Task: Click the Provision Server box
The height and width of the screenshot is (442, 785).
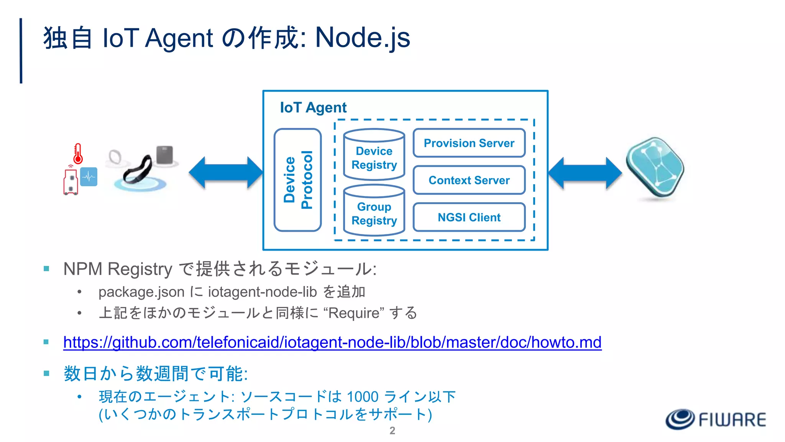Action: pyautogui.click(x=469, y=143)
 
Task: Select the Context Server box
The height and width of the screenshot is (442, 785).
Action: pyautogui.click(x=469, y=180)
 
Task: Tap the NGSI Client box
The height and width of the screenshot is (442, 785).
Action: pyautogui.click(x=469, y=217)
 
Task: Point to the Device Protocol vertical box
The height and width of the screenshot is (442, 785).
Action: pyautogui.click(x=298, y=180)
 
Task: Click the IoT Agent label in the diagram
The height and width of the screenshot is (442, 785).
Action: pyautogui.click(x=313, y=107)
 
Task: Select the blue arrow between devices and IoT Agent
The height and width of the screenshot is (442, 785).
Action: pyautogui.click(x=226, y=173)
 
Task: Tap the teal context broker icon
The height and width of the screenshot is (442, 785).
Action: pyautogui.click(x=655, y=167)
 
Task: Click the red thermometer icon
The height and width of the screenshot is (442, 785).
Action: pyautogui.click(x=78, y=154)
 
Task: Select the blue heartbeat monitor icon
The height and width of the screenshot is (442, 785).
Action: pyautogui.click(x=89, y=177)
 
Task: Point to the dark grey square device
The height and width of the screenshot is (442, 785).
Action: pyautogui.click(x=165, y=155)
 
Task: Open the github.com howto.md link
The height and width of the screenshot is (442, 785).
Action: pyautogui.click(x=332, y=342)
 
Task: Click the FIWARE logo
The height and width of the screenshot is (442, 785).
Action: pyautogui.click(x=715, y=419)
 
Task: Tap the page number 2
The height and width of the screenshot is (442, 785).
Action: pyautogui.click(x=392, y=430)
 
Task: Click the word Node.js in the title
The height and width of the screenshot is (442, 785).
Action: pyautogui.click(x=362, y=38)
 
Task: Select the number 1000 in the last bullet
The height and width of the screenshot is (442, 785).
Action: pyautogui.click(x=363, y=397)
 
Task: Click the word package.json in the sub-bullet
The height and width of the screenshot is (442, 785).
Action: pyautogui.click(x=141, y=292)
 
